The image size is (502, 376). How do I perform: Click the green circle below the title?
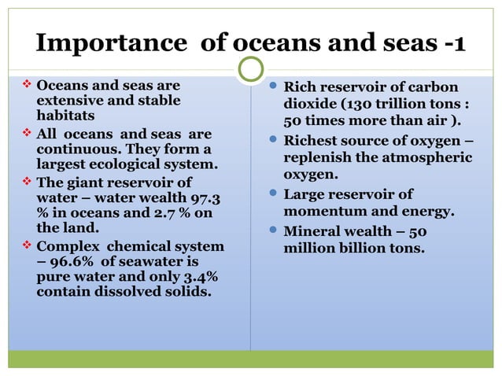pyautogui.click(x=250, y=68)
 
